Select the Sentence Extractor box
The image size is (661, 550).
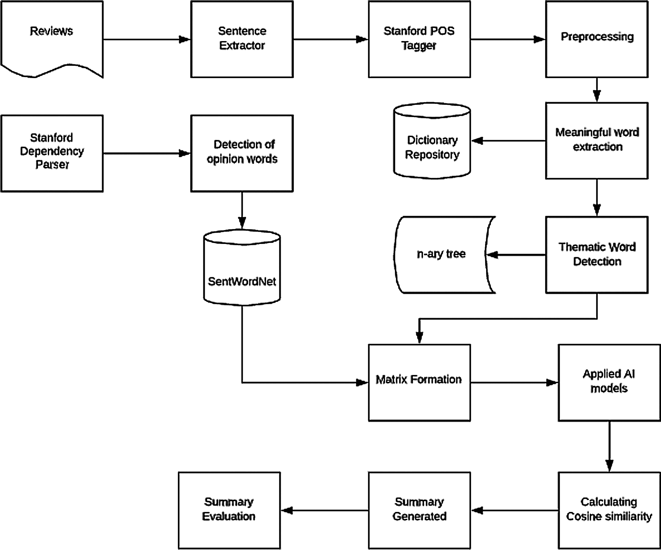(x=242, y=39)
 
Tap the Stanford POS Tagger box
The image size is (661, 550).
(x=419, y=39)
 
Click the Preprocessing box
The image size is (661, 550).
(x=597, y=39)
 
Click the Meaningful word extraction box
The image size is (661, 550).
(x=597, y=140)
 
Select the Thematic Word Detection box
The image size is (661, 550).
(x=597, y=254)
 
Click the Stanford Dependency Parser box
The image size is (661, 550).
(x=52, y=153)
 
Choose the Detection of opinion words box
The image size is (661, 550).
(x=242, y=153)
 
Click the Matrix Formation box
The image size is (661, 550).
(x=419, y=383)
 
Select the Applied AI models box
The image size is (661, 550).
(x=609, y=383)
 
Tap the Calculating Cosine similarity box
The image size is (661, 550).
(x=609, y=510)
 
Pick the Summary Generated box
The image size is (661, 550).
(x=419, y=510)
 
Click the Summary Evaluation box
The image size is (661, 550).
(x=229, y=510)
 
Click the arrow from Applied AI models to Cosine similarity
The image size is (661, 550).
(x=609, y=446)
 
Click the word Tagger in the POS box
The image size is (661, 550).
(x=419, y=45)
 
